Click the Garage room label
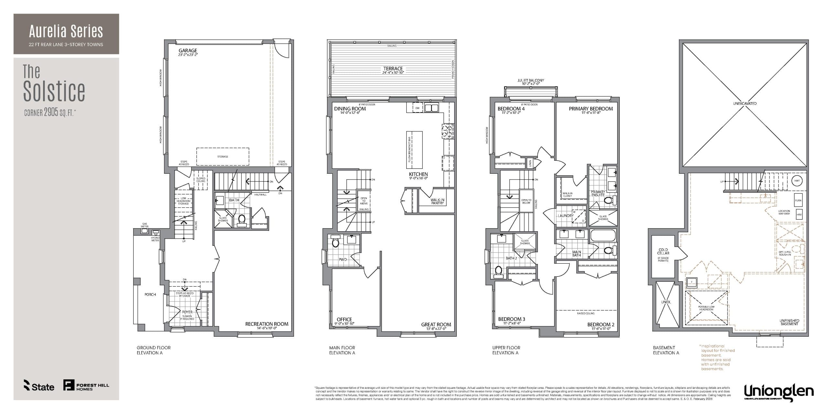pos(188,51)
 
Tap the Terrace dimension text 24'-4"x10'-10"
pos(393,73)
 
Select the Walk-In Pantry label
pos(437,202)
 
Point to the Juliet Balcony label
pos(530,80)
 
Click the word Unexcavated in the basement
pos(745,103)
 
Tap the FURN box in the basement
pos(798,201)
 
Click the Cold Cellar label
pos(663,252)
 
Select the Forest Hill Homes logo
pos(86,385)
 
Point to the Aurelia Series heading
pos(66,31)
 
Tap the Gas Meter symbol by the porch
pos(144,231)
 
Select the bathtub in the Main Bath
pos(603,235)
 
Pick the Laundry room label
pos(565,216)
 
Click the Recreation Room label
pos(267,324)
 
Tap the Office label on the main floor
pos(344,319)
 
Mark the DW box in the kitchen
pos(417,108)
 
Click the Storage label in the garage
pos(223,157)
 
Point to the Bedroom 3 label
pos(512,319)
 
